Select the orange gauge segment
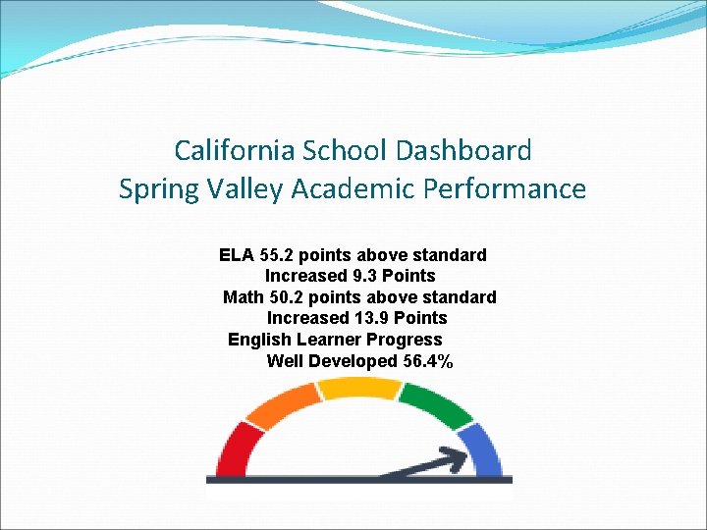282,404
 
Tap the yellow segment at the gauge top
358,388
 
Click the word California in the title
234,150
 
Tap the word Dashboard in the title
464,150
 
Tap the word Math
243,297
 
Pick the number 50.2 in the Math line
286,297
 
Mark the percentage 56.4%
428,361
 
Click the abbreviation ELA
236,255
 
